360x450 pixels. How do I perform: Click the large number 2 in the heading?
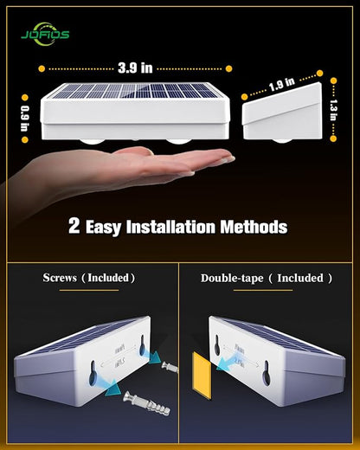75,228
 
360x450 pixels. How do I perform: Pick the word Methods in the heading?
253,228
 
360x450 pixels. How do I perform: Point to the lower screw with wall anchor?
138,401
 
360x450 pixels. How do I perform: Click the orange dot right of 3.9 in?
229,67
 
